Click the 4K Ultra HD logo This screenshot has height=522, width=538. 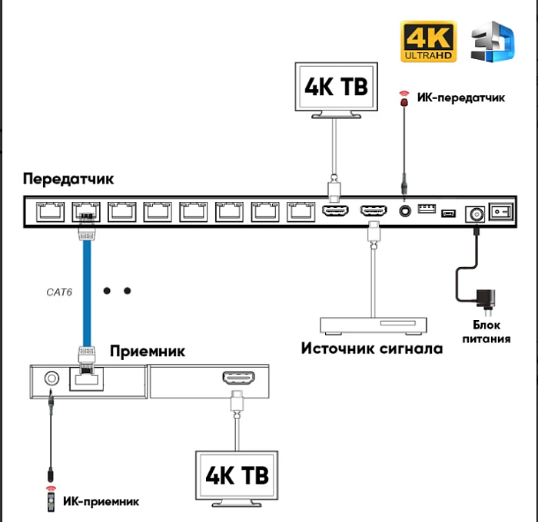coord(428,42)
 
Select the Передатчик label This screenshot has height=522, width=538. coord(68,179)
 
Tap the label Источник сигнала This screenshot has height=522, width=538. coord(372,349)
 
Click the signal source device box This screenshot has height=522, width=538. coord(374,325)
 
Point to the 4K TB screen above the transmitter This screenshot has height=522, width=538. coord(336,87)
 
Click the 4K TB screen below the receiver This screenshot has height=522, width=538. coord(237,474)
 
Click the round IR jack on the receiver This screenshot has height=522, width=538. coord(51,378)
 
